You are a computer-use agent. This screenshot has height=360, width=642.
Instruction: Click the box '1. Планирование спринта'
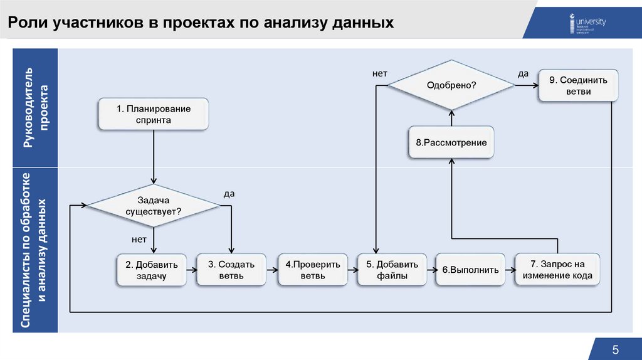click(x=153, y=114)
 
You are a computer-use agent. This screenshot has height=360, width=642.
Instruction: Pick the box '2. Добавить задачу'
click(x=150, y=270)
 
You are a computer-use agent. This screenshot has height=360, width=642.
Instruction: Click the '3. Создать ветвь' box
click(x=232, y=270)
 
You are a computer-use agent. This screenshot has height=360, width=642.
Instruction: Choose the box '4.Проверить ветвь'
click(x=312, y=270)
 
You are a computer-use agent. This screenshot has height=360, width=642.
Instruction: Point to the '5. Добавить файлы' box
click(x=392, y=270)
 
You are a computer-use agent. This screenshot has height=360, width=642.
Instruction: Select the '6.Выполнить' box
click(x=470, y=270)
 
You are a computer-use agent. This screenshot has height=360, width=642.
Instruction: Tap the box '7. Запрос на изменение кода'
click(x=557, y=270)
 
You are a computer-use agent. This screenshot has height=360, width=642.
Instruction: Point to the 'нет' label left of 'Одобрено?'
click(x=379, y=74)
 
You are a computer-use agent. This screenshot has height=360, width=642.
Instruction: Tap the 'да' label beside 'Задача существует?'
click(x=229, y=194)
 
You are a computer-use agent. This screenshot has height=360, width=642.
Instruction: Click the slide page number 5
click(x=615, y=349)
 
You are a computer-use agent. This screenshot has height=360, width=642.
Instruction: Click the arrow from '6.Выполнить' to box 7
click(x=509, y=270)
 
